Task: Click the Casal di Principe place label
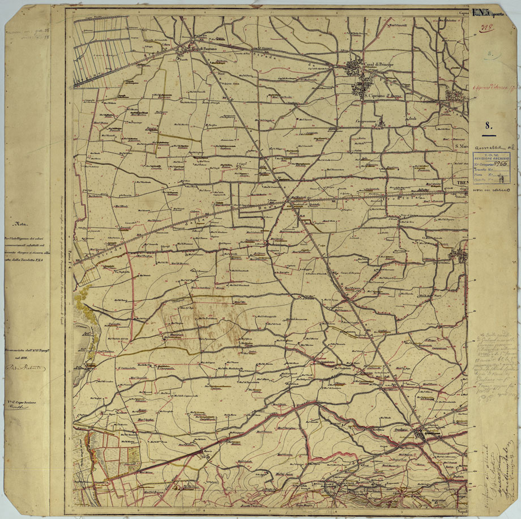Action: click(x=379, y=65)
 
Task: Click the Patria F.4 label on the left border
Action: click(x=69, y=260)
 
